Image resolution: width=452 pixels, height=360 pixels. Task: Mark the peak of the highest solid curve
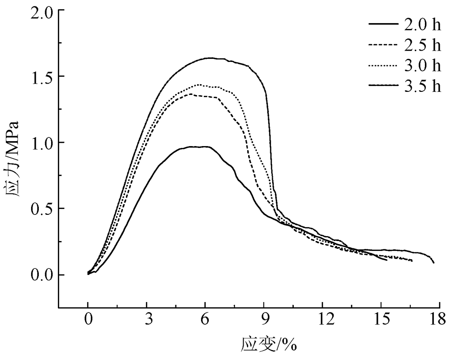tap(210, 58)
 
